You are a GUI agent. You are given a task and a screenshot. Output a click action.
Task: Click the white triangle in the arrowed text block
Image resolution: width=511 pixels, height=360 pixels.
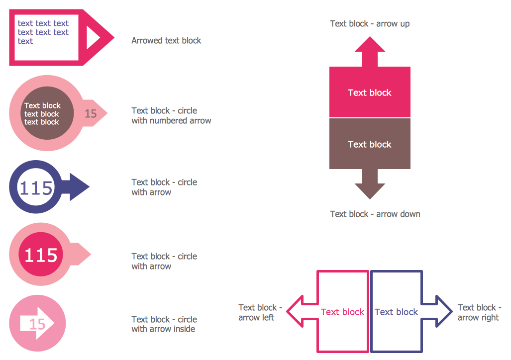[93, 37]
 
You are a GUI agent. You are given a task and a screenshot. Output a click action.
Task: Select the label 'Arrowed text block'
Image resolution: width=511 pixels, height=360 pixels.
[166, 41]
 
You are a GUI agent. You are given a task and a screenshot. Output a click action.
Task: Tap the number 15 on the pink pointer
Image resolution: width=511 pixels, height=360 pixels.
[91, 114]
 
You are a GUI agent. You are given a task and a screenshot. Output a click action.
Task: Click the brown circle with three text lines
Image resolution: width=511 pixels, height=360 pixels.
[42, 113]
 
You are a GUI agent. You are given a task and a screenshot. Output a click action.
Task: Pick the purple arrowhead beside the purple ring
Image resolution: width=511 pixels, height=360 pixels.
[79, 187]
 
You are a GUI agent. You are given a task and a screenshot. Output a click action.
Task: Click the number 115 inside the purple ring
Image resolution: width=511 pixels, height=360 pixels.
[36, 188]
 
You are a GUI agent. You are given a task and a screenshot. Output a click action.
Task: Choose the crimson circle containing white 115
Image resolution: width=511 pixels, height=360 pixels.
[41, 255]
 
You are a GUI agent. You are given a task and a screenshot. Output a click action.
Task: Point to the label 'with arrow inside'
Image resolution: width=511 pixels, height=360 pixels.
[163, 329]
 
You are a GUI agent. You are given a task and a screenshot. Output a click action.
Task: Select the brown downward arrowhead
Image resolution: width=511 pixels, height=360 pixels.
[370, 191]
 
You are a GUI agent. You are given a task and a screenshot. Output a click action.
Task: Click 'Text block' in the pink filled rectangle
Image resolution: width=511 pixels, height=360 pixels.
[370, 92]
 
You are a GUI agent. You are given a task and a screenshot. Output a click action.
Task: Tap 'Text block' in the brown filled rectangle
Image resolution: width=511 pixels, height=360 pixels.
[370, 144]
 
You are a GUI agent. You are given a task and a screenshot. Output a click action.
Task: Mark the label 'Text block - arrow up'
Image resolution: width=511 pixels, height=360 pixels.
[370, 23]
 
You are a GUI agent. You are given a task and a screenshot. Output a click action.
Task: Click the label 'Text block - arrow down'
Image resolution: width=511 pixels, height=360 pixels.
[375, 214]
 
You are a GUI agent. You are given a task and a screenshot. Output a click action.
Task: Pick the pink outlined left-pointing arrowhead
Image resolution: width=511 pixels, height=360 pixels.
[295, 312]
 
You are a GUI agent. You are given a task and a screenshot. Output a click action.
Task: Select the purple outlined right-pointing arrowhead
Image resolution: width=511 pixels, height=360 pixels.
[444, 312]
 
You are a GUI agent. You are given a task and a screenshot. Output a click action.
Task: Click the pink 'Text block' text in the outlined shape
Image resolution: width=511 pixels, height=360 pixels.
[342, 312]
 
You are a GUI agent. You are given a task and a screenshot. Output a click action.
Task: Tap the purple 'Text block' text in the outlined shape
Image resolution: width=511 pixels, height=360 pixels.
[396, 312]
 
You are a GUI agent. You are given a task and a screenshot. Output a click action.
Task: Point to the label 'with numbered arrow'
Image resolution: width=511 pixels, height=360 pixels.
[171, 120]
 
